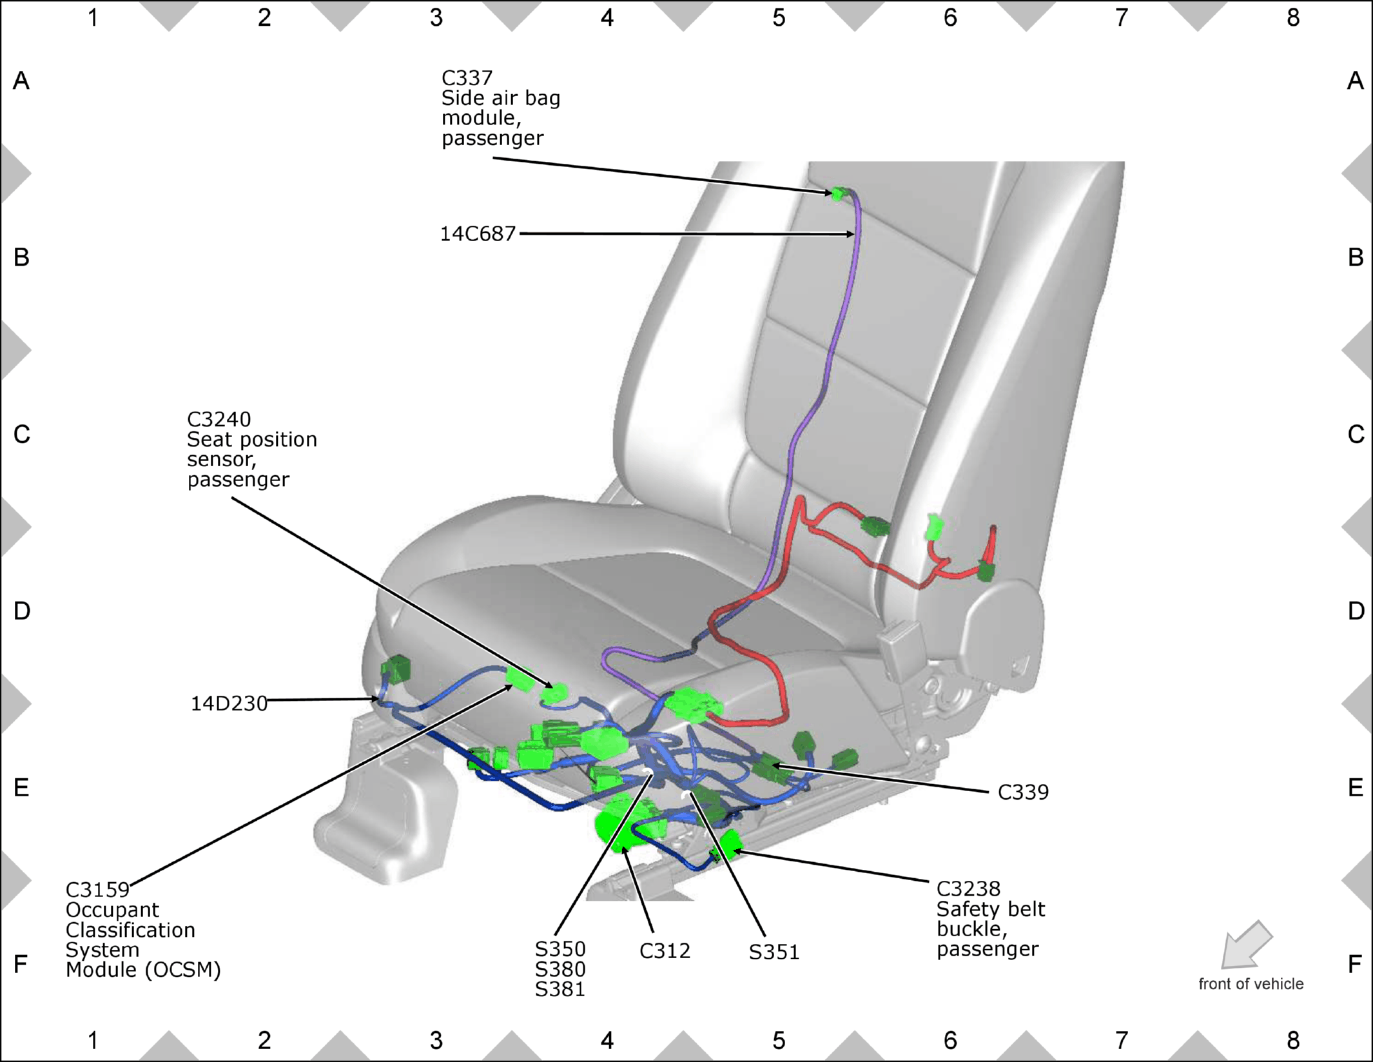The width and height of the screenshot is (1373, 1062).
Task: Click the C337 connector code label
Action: (x=467, y=78)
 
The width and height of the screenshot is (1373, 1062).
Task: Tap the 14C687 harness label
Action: (x=478, y=234)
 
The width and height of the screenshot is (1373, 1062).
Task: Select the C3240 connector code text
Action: (x=219, y=420)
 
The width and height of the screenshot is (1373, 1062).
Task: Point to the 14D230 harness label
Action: (x=229, y=703)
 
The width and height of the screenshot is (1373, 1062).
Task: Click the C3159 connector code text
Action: (x=97, y=890)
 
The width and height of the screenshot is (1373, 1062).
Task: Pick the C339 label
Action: (x=1023, y=792)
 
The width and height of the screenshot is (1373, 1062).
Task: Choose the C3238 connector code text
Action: (x=968, y=889)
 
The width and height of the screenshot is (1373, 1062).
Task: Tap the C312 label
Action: (x=665, y=950)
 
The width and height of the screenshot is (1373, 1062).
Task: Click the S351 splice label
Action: (x=774, y=952)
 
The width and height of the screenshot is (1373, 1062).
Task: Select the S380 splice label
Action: (x=560, y=969)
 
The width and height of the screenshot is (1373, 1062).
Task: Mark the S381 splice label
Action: (x=560, y=989)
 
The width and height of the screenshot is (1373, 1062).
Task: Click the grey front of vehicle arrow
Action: (x=1247, y=945)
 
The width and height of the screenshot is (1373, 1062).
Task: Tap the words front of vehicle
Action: (x=1251, y=984)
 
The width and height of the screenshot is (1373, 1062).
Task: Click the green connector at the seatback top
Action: (x=837, y=193)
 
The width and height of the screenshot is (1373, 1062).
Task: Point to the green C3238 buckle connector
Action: (x=731, y=845)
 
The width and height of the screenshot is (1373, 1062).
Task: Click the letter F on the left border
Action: (x=21, y=964)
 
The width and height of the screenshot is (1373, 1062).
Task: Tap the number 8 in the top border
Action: (x=1292, y=18)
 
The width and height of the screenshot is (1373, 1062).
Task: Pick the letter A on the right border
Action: (x=1355, y=81)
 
